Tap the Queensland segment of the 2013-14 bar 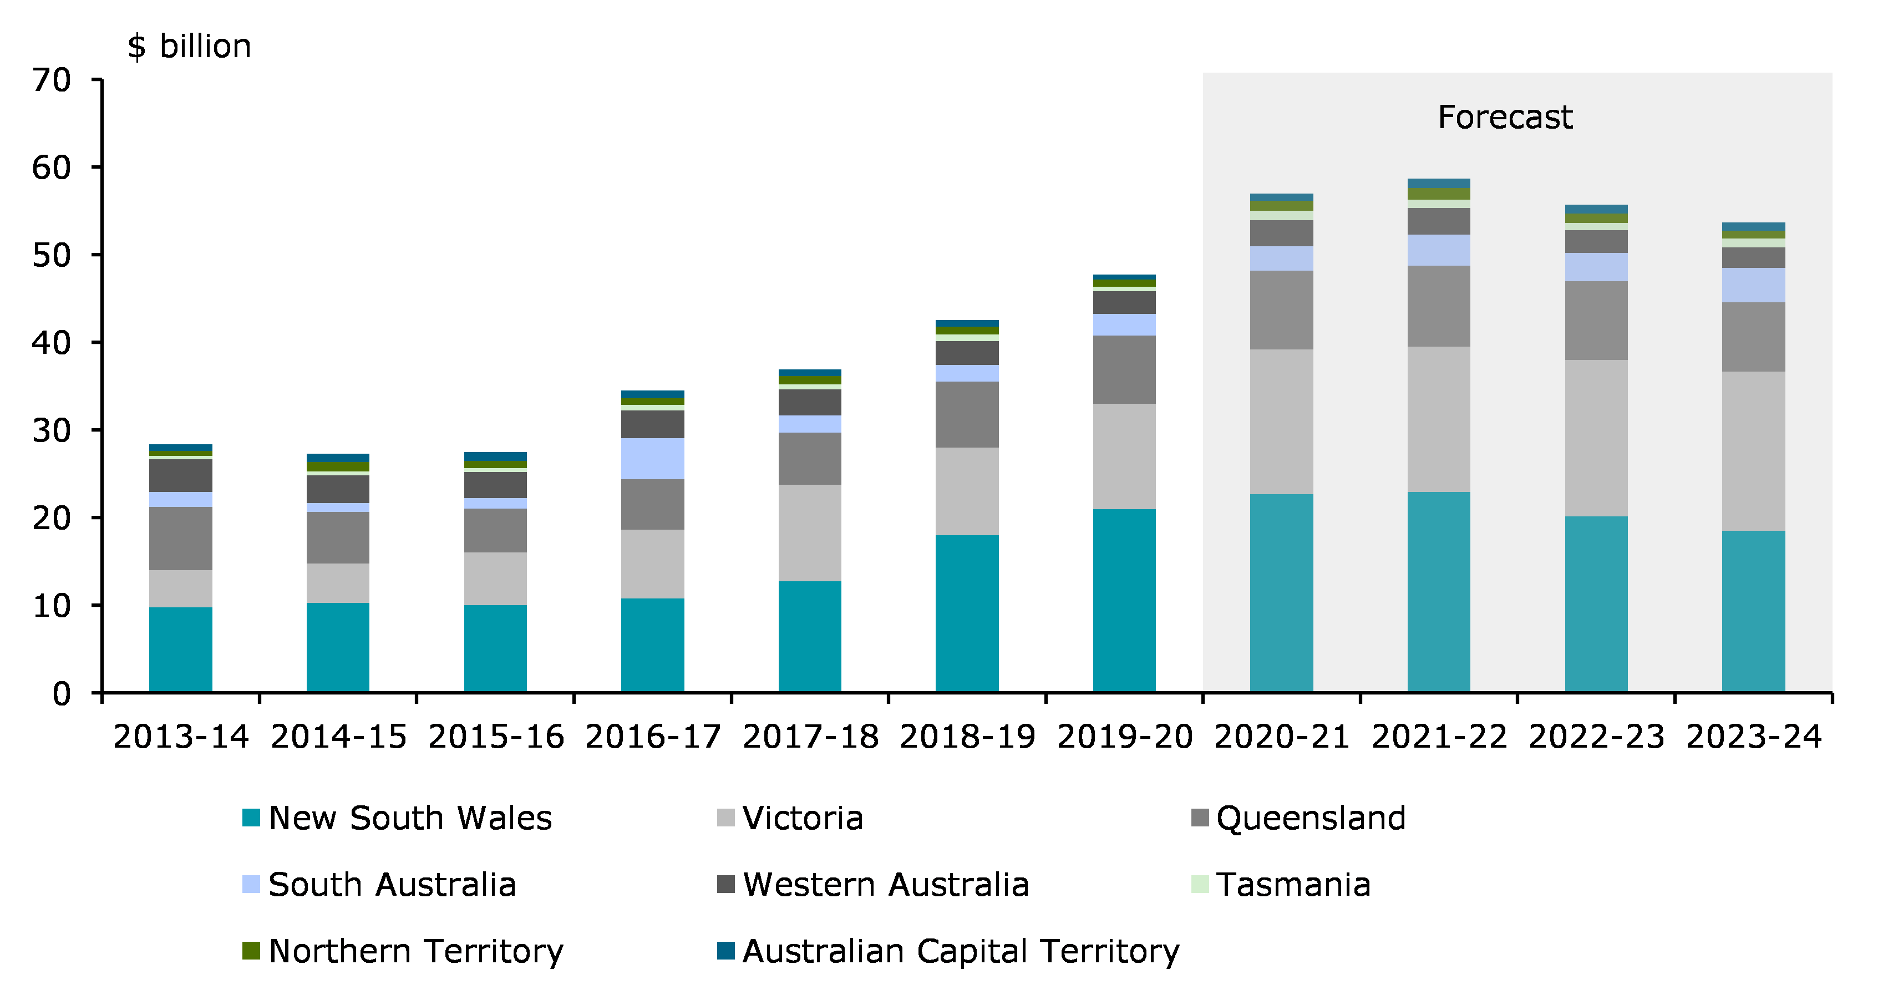pyautogui.click(x=181, y=539)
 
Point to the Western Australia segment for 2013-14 pyautogui.click(x=181, y=476)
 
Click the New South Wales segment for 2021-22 pyautogui.click(x=1439, y=592)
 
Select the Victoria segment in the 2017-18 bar pyautogui.click(x=809, y=533)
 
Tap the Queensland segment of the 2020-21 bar pyautogui.click(x=1281, y=310)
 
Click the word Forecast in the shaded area pyautogui.click(x=1504, y=117)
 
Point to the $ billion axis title pyautogui.click(x=189, y=47)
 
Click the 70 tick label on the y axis pyautogui.click(x=51, y=80)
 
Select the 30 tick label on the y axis pyautogui.click(x=51, y=430)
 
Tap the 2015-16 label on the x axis pyautogui.click(x=496, y=737)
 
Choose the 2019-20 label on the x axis pyautogui.click(x=1124, y=737)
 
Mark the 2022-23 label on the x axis pyautogui.click(x=1596, y=737)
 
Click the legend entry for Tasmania pyautogui.click(x=1293, y=885)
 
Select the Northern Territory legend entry pyautogui.click(x=416, y=951)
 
